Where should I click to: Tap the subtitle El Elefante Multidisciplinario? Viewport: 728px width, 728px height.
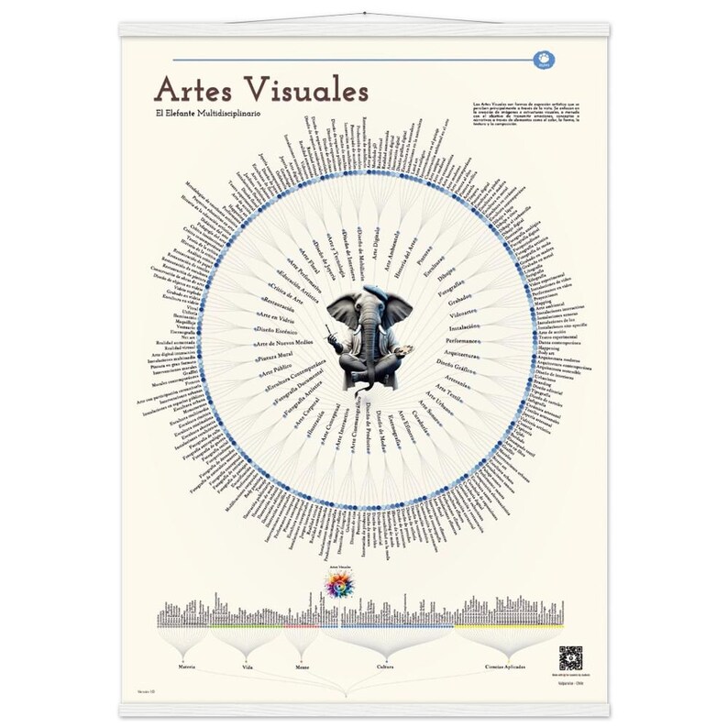point(209,112)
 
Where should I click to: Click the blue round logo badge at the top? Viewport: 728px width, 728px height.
point(542,61)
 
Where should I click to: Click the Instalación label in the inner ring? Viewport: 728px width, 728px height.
point(465,327)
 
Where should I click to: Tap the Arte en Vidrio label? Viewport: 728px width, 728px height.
point(275,315)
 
